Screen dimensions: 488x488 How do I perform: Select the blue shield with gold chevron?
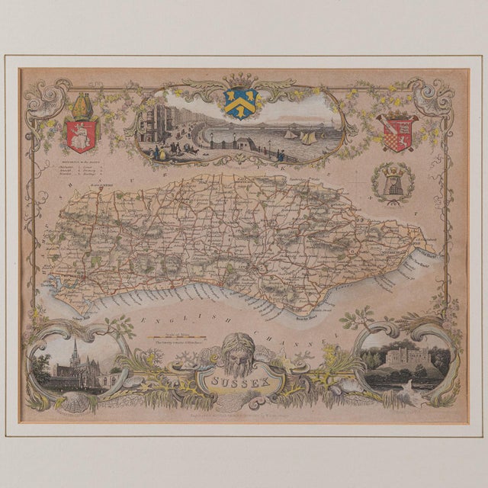pyautogui.click(x=241, y=103)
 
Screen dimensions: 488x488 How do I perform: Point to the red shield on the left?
pyautogui.click(x=81, y=133)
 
